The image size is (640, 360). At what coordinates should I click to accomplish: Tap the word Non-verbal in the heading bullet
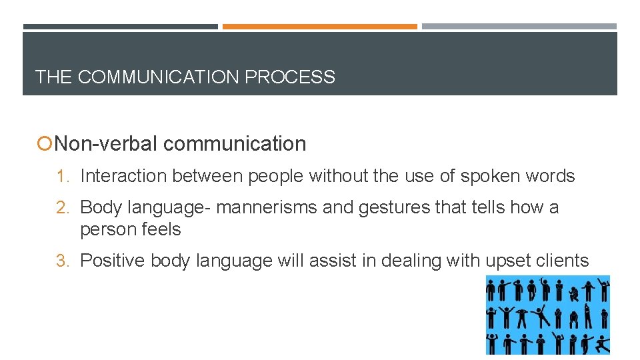click(x=105, y=143)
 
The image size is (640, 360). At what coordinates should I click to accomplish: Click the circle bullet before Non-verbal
click(x=45, y=144)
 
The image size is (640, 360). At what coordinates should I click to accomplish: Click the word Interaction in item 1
click(x=123, y=176)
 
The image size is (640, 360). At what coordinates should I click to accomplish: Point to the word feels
click(x=161, y=229)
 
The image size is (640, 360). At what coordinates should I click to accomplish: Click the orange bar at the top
click(x=320, y=27)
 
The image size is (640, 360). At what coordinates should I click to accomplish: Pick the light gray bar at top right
click(x=519, y=27)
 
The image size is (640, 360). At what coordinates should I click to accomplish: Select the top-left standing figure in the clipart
click(x=492, y=291)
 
